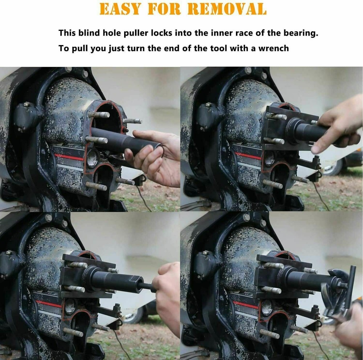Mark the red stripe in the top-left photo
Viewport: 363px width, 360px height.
(x=69, y=157)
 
